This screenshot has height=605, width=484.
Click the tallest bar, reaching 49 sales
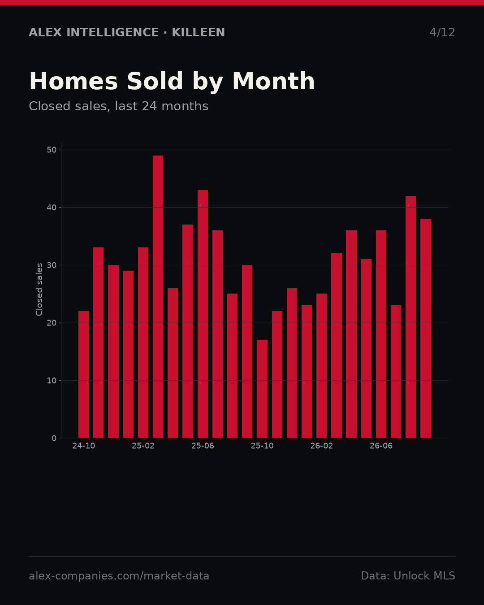coord(158,297)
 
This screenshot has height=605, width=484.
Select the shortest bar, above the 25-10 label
coord(262,389)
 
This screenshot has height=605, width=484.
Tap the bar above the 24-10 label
coord(83,375)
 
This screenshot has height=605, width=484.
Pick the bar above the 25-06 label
coord(203,314)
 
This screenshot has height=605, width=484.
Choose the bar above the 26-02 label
coord(321,366)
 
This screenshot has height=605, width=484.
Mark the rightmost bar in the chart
coord(425,328)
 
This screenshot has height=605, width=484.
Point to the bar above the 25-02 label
coord(143,343)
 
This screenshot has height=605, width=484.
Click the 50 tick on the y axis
coord(52,150)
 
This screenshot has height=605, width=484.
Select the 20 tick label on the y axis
coord(52,323)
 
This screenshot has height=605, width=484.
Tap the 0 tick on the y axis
coord(54,438)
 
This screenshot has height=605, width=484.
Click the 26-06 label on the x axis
coord(381,446)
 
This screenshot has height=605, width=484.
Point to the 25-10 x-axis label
coord(262,446)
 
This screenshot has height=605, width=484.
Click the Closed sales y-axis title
coord(39,290)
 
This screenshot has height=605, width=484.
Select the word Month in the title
coord(273,81)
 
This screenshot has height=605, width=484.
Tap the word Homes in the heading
coord(73,81)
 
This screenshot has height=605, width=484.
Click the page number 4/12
coord(442,32)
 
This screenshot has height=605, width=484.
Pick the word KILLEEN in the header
coord(198,32)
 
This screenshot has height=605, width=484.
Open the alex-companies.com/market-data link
coord(119,576)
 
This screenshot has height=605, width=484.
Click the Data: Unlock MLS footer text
coord(408,576)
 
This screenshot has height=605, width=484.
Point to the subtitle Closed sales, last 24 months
coord(119,106)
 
